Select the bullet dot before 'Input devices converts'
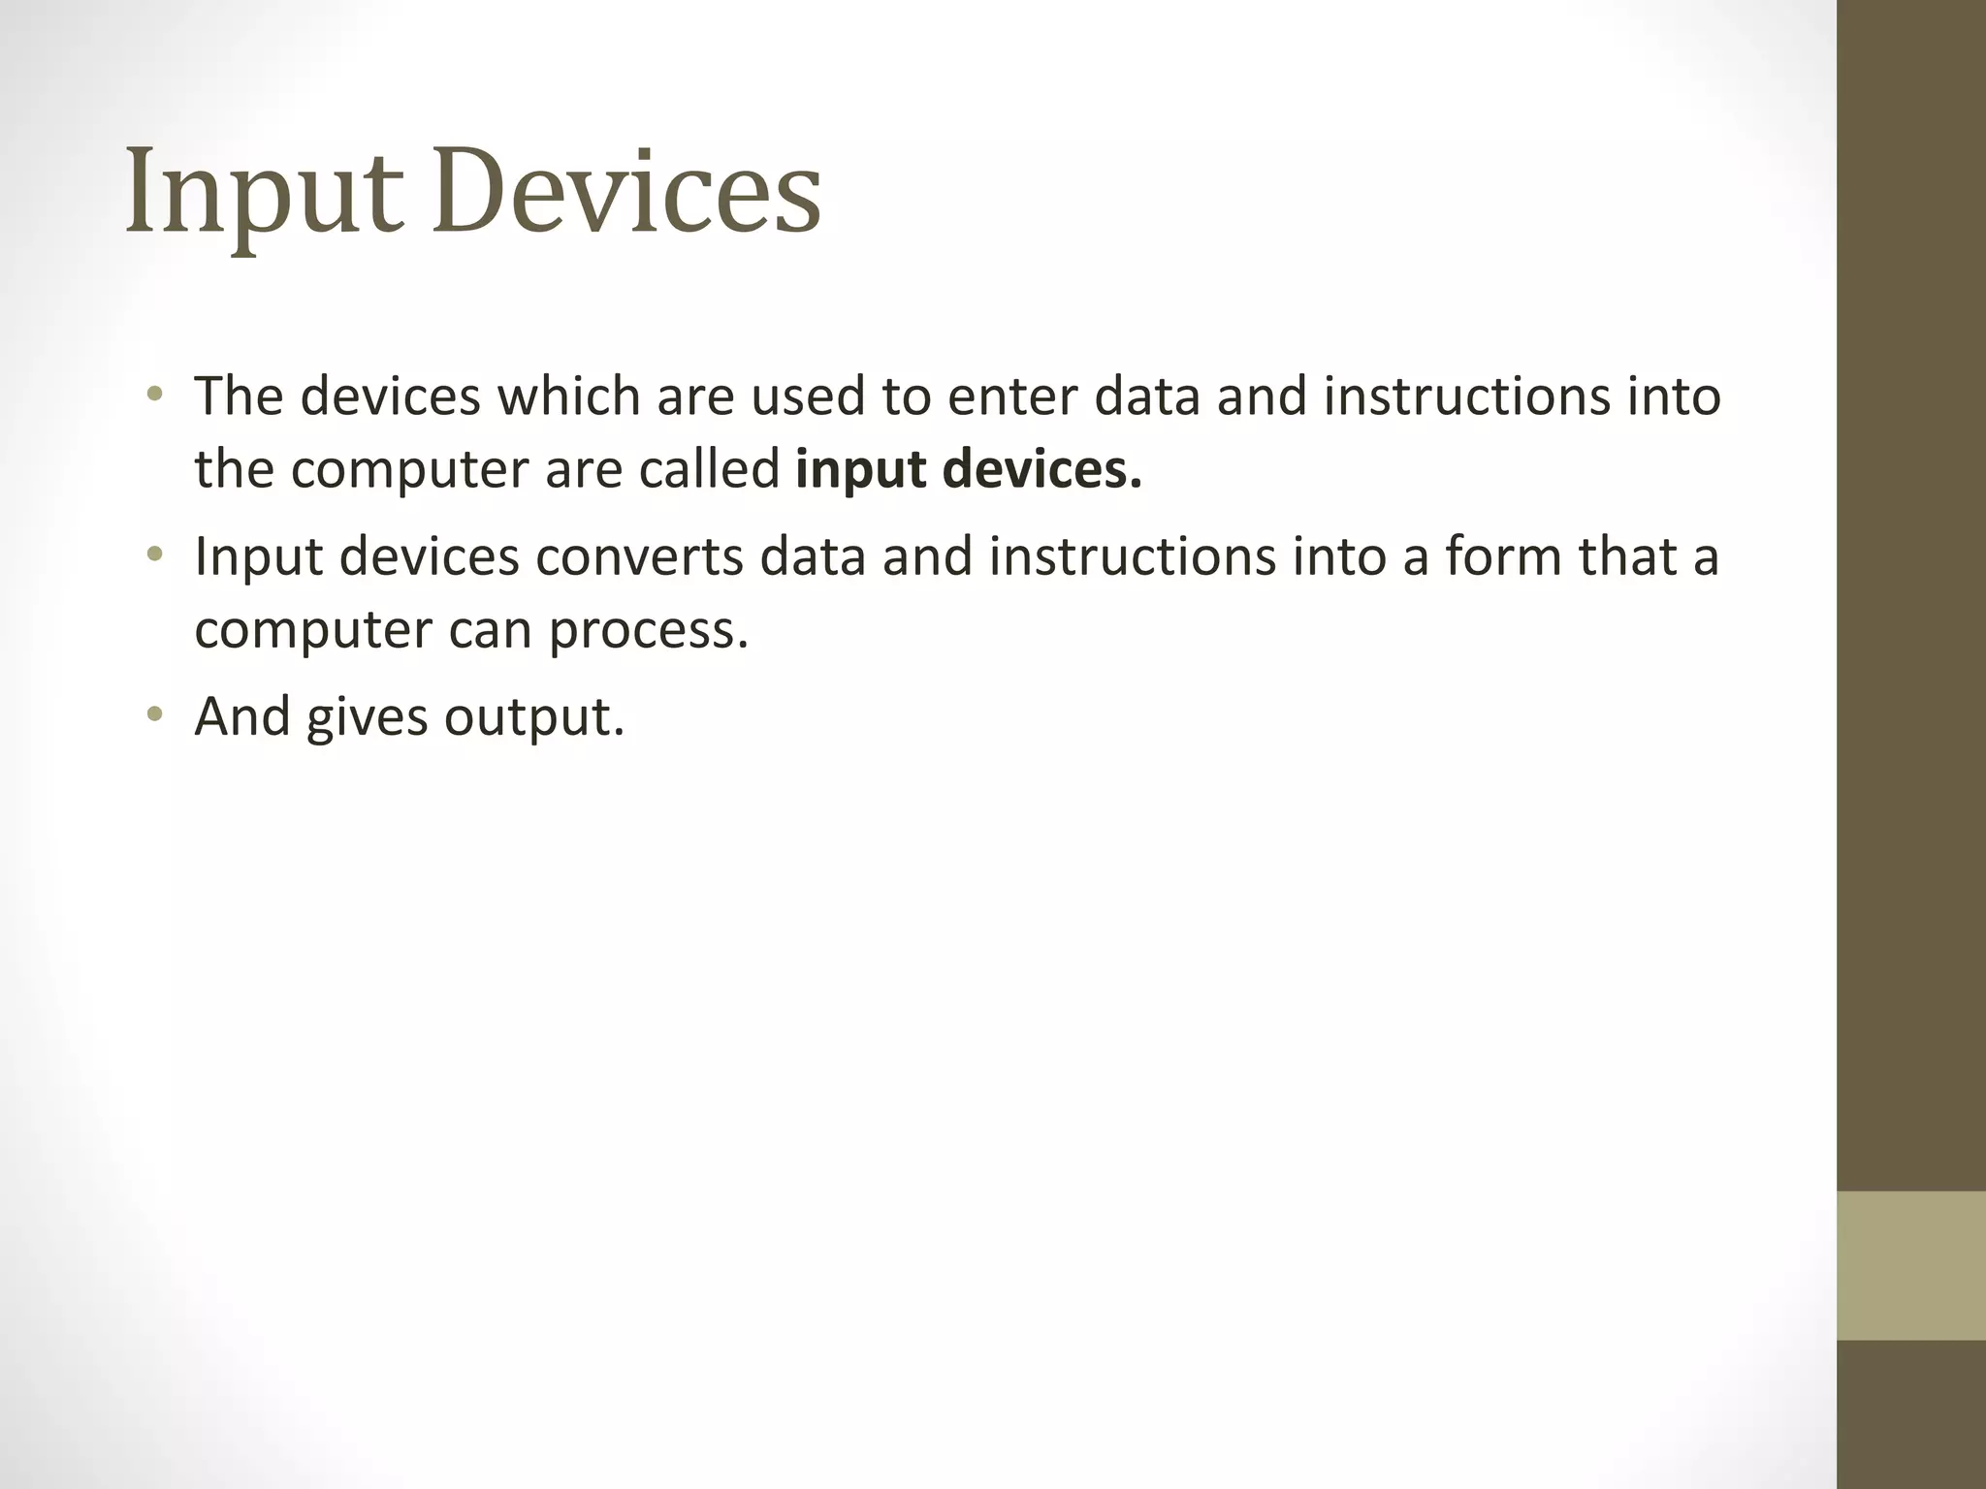click(x=154, y=554)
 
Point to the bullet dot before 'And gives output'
click(x=154, y=714)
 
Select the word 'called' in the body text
click(x=708, y=469)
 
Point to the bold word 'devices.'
click(x=1041, y=469)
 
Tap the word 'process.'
click(x=649, y=631)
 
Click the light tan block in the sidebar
click(x=1910, y=1265)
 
